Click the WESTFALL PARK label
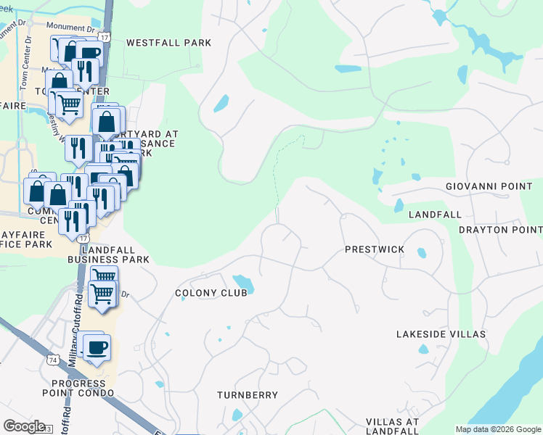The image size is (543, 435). point(168,43)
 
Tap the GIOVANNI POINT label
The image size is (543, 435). point(489,186)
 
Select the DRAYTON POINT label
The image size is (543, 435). point(500,230)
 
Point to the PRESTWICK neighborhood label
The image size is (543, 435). point(374,249)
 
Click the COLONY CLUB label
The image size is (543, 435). point(211,293)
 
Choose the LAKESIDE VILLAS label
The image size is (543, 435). point(441,334)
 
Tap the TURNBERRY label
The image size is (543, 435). point(248,395)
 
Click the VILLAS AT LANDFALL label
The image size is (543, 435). point(392,426)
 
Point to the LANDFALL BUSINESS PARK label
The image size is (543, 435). point(108,254)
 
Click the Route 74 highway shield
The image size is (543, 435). point(53,359)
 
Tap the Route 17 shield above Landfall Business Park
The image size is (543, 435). point(85,238)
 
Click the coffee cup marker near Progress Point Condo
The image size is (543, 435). point(96,347)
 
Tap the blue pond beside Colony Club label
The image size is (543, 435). point(242,282)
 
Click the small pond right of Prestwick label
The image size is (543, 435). point(422,253)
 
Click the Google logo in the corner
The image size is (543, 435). point(24,426)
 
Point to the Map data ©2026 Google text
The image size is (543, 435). point(497,429)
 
